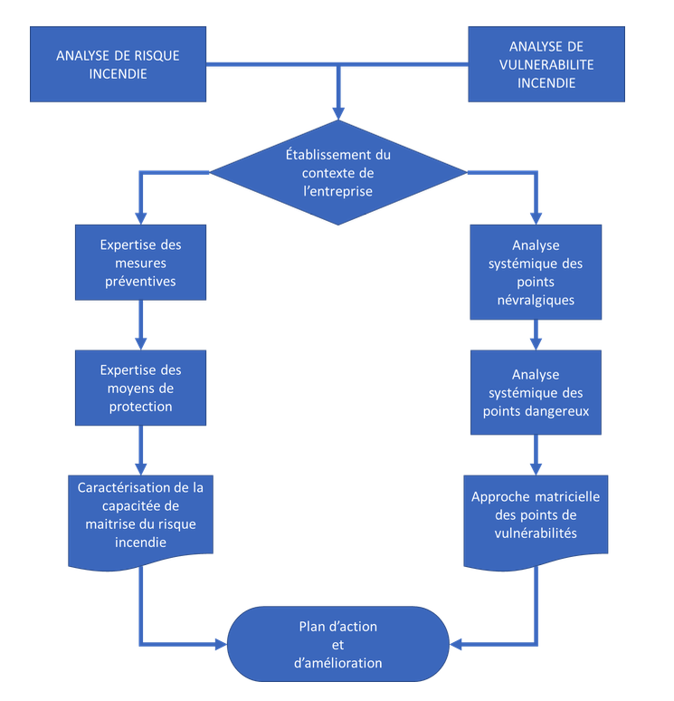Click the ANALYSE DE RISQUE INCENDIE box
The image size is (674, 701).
click(x=118, y=64)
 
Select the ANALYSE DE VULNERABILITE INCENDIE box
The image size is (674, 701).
click(x=546, y=64)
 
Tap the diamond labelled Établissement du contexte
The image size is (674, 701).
click(x=338, y=172)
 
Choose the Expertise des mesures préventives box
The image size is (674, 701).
click(x=140, y=263)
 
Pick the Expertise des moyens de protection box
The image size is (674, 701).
click(x=140, y=388)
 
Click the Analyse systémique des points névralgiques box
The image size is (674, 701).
click(x=536, y=272)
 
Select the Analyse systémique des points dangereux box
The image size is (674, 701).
click(x=536, y=393)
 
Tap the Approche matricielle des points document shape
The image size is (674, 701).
click(x=536, y=516)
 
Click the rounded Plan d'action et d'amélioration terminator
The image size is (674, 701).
click(x=338, y=644)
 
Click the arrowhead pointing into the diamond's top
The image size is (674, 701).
click(x=338, y=112)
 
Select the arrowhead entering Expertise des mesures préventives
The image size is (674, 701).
click(x=140, y=218)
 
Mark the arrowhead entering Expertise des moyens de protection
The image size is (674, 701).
click(x=140, y=343)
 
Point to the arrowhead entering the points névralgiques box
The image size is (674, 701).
click(x=536, y=218)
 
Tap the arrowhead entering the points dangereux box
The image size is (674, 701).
click(x=536, y=344)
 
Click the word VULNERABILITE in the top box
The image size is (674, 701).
click(x=546, y=64)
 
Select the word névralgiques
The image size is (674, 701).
click(x=536, y=300)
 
